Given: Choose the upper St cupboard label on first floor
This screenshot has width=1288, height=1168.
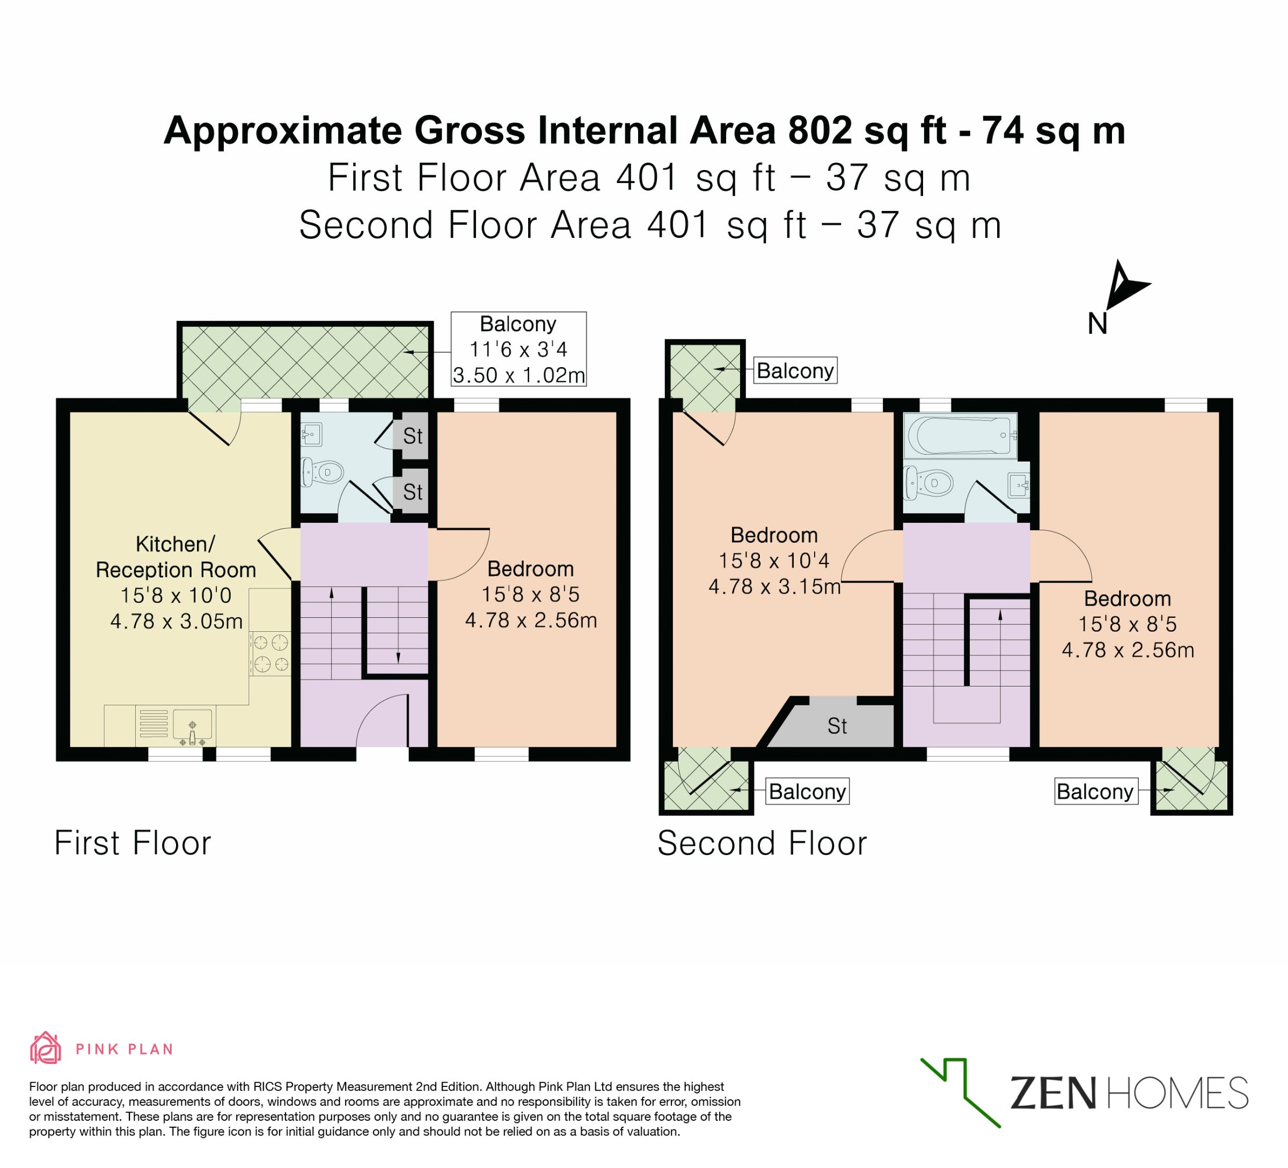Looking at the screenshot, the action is coord(413,436).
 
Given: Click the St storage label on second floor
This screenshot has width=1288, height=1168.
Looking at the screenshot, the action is coord(837,726).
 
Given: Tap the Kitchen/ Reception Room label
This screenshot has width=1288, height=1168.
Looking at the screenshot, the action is coord(175,557).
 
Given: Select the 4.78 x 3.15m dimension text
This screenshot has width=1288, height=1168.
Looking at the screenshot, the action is coord(774,587).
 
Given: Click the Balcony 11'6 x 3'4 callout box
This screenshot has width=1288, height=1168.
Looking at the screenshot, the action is coord(519,349).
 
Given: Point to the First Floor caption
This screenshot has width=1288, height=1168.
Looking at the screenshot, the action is coord(133,843).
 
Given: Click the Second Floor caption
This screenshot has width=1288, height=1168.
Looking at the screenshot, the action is coord(762,843).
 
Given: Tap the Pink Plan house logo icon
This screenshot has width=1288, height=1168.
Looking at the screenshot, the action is coord(46,1048).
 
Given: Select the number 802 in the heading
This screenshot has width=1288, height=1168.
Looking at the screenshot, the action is coord(821,130).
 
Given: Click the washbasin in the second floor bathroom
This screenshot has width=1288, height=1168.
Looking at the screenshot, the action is coord(1019,484).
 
